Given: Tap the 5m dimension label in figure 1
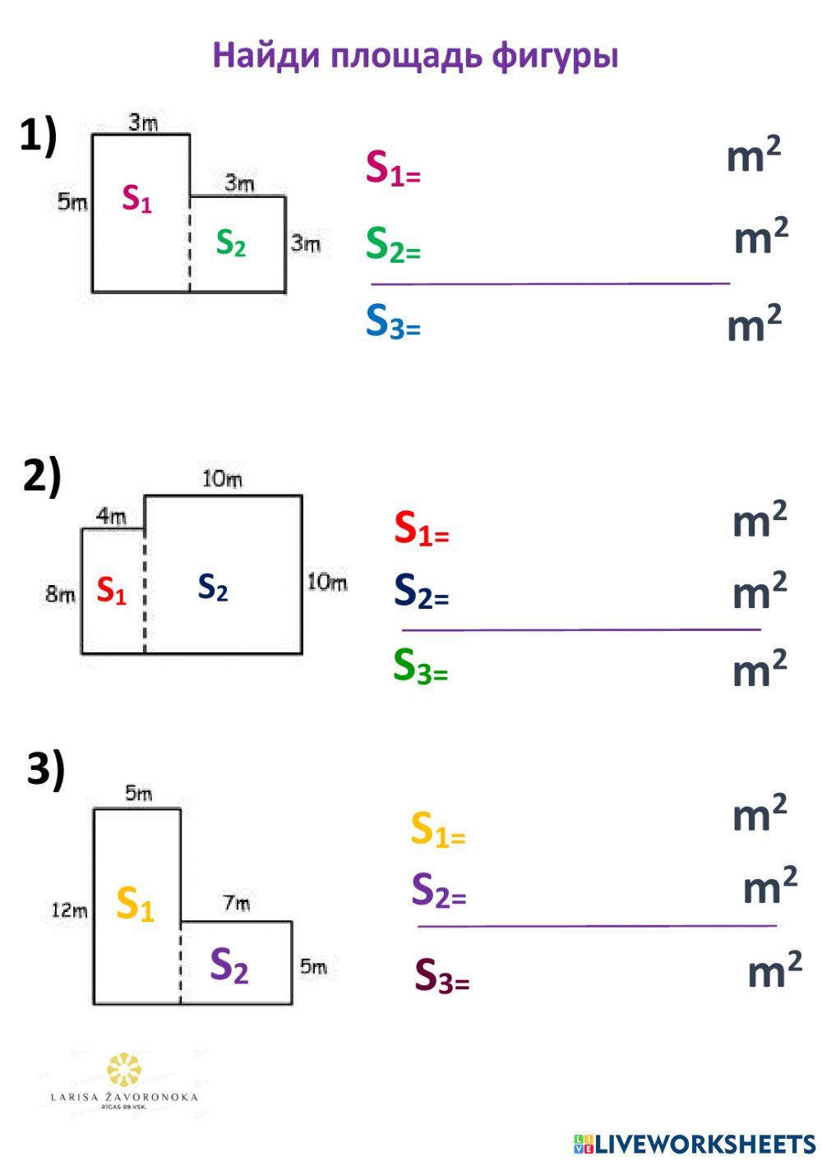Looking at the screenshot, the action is point(72,201).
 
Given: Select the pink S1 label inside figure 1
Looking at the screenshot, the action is point(137,199).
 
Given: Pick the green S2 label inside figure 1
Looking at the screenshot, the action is point(231,243).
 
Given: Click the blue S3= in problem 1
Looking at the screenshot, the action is point(393,321).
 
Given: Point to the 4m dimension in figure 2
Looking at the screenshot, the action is point(111,516).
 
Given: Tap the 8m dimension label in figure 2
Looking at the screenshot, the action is point(60,594).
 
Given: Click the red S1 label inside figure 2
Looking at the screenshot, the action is point(112,591).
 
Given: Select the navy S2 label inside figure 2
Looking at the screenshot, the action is point(213,587).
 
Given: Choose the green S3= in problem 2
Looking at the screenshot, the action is point(420,667).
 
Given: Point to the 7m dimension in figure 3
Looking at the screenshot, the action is point(237,903).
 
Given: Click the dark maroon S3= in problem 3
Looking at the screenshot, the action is point(442,976).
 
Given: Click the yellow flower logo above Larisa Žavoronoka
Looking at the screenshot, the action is point(124,1071).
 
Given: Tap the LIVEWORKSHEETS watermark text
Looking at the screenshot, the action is point(695,1145).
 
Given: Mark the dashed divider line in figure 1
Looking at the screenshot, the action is point(190,244).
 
